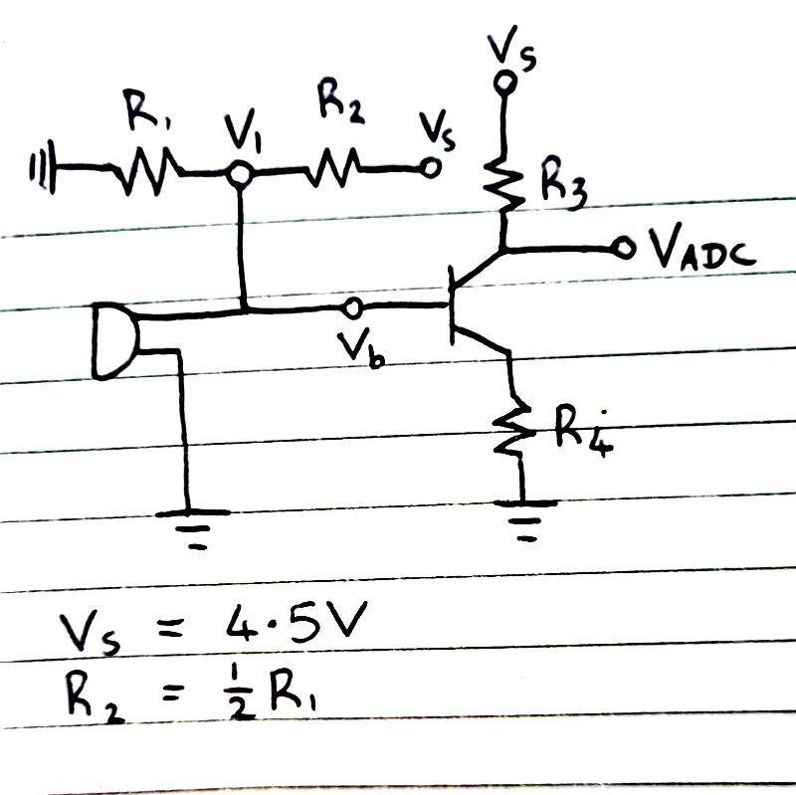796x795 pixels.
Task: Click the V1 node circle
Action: (238, 174)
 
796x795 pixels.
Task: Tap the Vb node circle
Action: (350, 306)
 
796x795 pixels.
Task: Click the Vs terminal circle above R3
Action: (505, 85)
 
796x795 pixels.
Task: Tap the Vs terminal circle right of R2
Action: (431, 168)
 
